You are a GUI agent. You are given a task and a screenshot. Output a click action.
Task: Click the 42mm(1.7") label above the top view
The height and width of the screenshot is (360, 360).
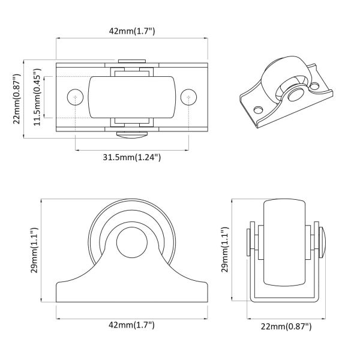[132, 31]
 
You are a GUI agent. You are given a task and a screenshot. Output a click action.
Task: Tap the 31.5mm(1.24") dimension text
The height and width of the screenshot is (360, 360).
[131, 157]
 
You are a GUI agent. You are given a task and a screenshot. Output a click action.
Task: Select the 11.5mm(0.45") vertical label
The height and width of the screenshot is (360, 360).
[37, 97]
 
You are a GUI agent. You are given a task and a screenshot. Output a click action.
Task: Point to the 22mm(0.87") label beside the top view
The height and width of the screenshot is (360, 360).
[17, 99]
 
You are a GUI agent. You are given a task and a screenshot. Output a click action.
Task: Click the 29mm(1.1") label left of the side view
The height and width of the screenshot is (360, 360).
[34, 250]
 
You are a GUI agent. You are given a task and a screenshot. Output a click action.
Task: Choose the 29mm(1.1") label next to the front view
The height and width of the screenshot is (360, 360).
[225, 250]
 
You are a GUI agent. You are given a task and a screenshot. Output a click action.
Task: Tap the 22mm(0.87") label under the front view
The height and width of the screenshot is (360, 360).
[286, 326]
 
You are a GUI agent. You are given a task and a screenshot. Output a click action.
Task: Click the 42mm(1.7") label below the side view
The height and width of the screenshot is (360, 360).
[131, 325]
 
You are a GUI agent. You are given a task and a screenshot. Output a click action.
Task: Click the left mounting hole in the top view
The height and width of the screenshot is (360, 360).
[75, 97]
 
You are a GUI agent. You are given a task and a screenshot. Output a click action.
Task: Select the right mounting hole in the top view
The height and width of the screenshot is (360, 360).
[188, 97]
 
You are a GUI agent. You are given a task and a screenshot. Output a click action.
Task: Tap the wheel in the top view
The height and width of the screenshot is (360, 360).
[132, 97]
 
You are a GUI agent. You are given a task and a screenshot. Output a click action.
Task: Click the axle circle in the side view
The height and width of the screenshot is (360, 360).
[131, 242]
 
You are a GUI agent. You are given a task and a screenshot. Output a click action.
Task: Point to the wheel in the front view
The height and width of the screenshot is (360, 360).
[284, 242]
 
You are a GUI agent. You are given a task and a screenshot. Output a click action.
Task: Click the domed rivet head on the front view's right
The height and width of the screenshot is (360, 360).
[322, 242]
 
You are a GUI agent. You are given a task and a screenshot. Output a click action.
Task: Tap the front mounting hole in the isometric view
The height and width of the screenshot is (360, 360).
[259, 110]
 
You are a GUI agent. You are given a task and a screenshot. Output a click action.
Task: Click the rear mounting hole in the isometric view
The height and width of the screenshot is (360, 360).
[314, 86]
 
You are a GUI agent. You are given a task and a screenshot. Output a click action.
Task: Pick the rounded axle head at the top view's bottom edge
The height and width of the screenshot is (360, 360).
[132, 134]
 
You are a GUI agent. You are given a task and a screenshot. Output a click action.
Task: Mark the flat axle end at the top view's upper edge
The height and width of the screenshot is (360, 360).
[132, 61]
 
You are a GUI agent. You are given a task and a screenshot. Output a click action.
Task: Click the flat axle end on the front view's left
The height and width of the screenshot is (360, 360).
[248, 242]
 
